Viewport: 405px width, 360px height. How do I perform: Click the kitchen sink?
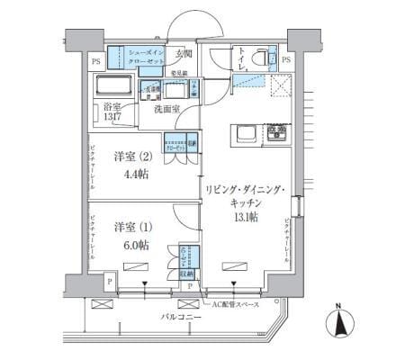click(x=244, y=134)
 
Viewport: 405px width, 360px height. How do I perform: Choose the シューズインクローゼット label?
click(x=147, y=58)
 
